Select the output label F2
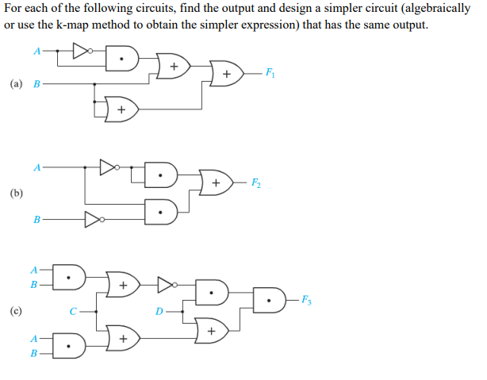pyautogui.click(x=255, y=183)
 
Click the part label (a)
pyautogui.click(x=17, y=83)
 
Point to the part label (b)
pyautogui.click(x=17, y=193)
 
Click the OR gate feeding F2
pyautogui.click(x=215, y=183)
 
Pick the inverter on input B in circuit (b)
pyautogui.click(x=93, y=218)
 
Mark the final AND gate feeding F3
pyautogui.click(x=270, y=300)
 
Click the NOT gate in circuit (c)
pyautogui.click(x=165, y=283)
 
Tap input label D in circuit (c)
pyautogui.click(x=159, y=312)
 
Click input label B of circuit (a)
pyautogui.click(x=36, y=83)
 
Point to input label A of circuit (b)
pyautogui.click(x=36, y=167)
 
